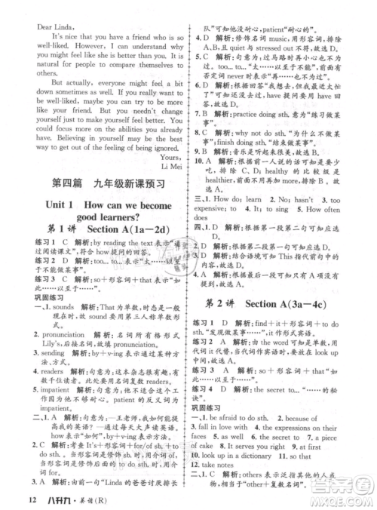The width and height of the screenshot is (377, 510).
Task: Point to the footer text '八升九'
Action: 55,497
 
